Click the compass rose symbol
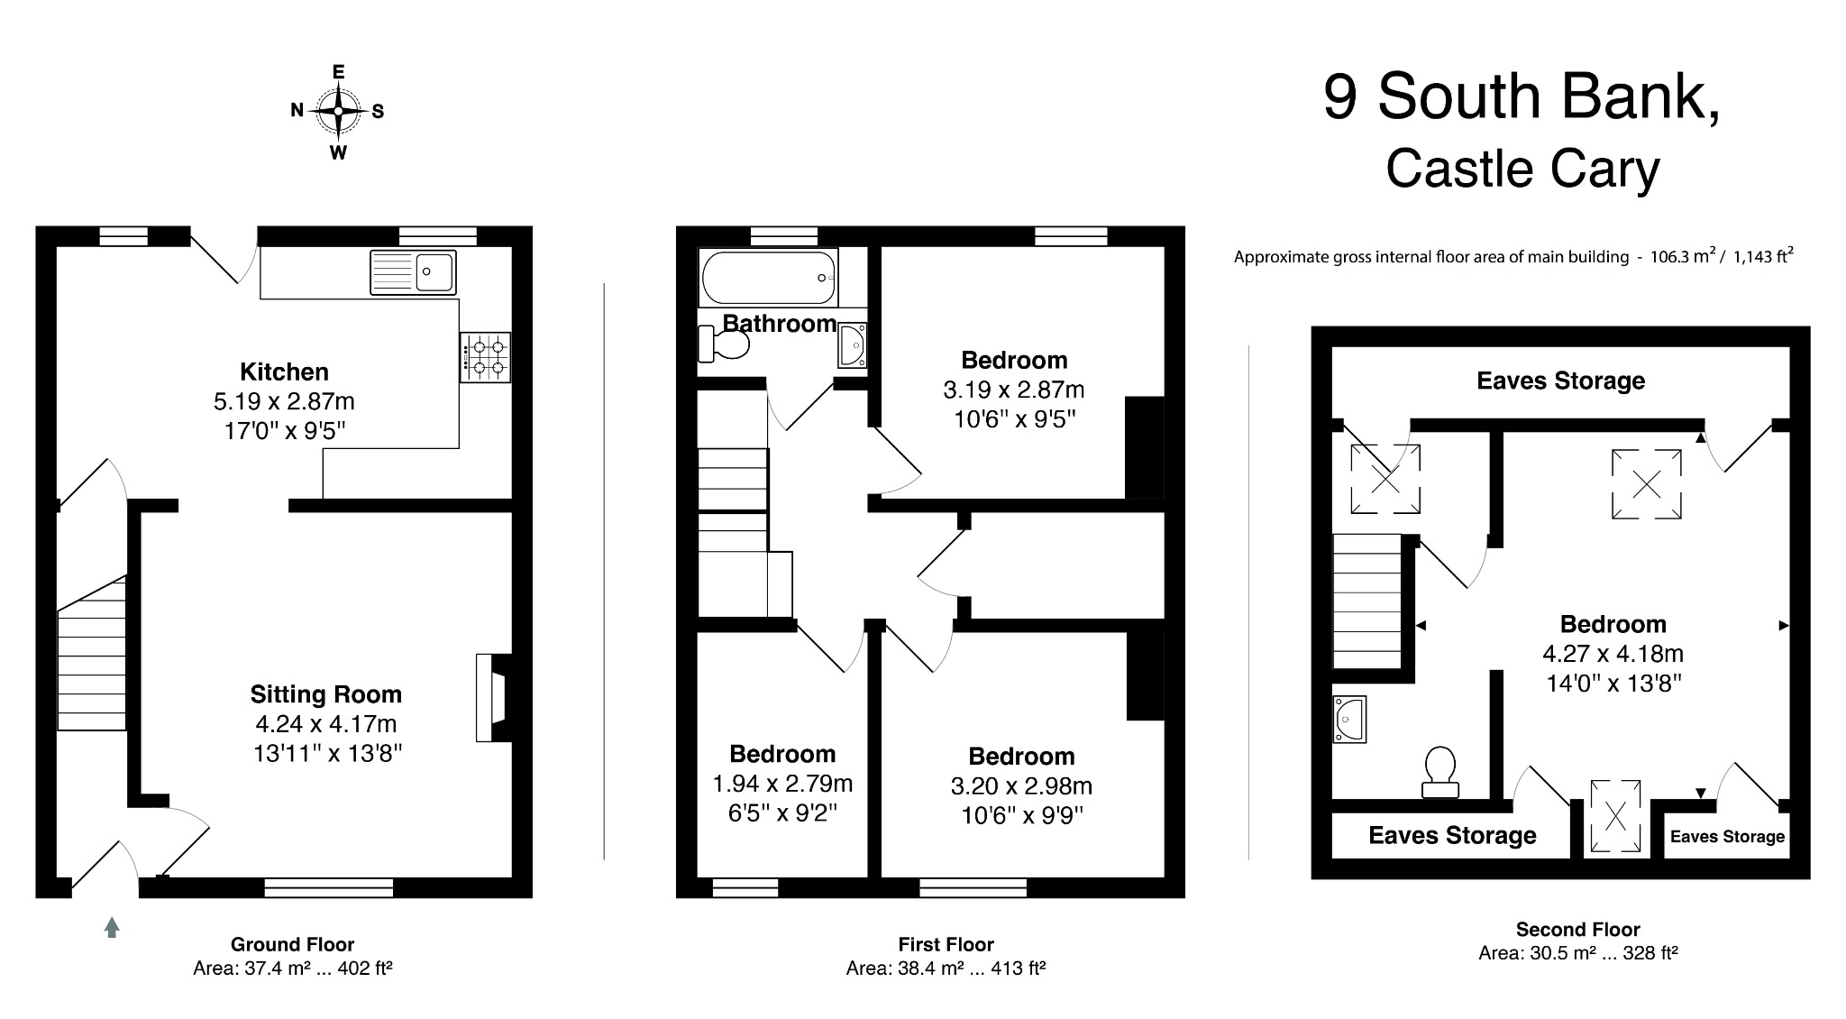[x=338, y=111]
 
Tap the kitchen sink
[x=413, y=271]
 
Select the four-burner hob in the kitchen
[x=485, y=356]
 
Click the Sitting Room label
[x=325, y=694]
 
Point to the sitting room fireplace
[x=493, y=697]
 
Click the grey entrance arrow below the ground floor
[x=112, y=927]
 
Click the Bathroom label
[x=780, y=323]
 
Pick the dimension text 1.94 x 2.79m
[x=781, y=784]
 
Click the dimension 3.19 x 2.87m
[x=1013, y=390]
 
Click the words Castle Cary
[x=1522, y=170]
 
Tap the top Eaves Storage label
[x=1560, y=381]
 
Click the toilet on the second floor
[x=1439, y=771]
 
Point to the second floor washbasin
[x=1349, y=719]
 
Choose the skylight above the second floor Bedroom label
[x=1646, y=485]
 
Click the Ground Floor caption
[x=292, y=944]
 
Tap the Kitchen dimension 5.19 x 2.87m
[x=284, y=401]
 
